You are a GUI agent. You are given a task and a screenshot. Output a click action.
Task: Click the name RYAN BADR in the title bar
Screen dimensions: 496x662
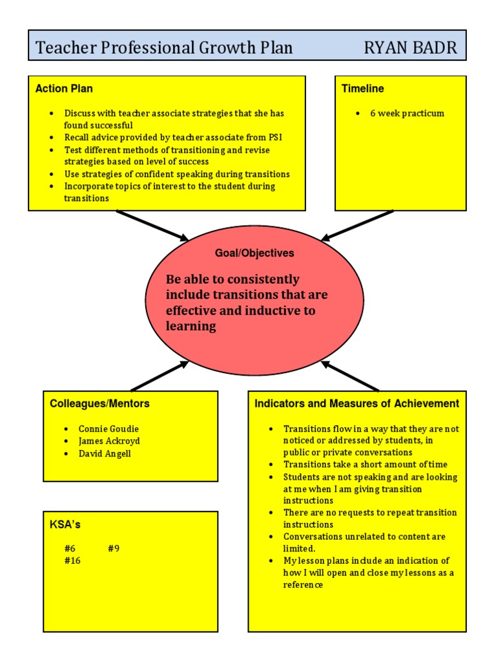click(x=410, y=47)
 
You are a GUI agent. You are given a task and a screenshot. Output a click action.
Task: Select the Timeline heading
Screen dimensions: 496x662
click(x=363, y=89)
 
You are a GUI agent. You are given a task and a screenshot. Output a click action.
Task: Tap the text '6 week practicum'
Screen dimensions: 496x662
click(x=407, y=113)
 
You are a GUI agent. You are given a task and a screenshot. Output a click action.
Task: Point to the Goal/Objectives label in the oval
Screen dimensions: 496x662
click(x=254, y=253)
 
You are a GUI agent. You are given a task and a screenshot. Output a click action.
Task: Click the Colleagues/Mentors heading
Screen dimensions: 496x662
click(x=99, y=403)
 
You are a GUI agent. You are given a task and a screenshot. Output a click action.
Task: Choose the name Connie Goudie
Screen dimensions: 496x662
click(x=108, y=429)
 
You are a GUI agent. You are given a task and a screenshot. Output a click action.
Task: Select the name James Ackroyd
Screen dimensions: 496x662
click(x=109, y=441)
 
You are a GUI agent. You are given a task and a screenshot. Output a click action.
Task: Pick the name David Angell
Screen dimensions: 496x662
click(x=105, y=453)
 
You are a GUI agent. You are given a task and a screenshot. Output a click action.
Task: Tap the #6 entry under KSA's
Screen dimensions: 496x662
click(x=70, y=548)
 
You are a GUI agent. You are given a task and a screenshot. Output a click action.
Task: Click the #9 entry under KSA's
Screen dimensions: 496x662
click(x=114, y=548)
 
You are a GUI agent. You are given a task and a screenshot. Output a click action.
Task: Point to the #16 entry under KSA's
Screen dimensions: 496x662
click(x=72, y=561)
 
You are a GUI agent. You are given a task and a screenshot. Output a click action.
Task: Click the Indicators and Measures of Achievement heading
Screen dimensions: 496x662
click(x=357, y=403)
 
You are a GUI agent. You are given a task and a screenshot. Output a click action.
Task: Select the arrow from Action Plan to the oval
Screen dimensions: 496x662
click(x=152, y=226)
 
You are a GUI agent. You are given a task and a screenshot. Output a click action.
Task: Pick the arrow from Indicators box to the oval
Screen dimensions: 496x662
click(x=349, y=376)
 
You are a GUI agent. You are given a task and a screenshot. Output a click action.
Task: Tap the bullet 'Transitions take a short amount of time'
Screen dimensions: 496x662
click(x=365, y=464)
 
